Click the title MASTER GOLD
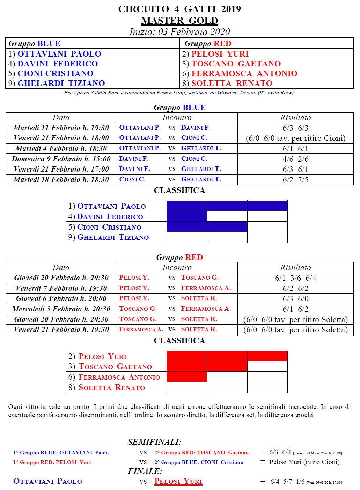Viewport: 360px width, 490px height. point(179,21)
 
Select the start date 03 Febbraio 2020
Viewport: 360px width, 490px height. point(194,32)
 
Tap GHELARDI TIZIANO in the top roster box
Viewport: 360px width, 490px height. point(61,83)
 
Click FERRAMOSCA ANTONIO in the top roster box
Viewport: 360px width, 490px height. point(244,73)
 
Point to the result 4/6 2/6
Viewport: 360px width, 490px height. point(295,159)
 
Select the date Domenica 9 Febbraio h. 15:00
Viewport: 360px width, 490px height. point(61,159)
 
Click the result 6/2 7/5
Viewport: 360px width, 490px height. point(295,180)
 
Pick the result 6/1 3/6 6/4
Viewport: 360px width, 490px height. point(295,278)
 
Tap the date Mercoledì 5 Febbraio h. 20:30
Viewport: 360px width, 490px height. point(61,309)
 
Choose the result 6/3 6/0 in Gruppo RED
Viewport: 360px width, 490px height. point(295,298)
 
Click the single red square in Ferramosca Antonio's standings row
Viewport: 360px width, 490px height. point(187,377)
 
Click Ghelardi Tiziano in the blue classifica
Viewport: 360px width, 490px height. point(113,237)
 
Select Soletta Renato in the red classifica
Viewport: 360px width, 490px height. point(112,387)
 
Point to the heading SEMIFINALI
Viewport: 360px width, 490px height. point(154,442)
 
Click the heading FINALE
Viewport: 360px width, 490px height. point(145,471)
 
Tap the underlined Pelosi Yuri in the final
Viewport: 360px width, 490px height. point(178,481)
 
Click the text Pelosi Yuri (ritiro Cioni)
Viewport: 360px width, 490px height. point(304,462)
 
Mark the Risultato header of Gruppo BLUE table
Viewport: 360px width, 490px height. point(295,118)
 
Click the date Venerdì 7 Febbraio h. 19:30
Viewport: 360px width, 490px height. point(61,288)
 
